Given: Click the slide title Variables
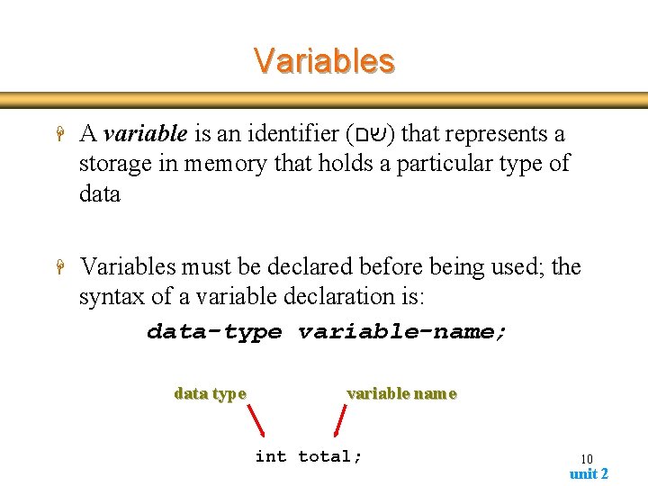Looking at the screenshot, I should (x=324, y=60).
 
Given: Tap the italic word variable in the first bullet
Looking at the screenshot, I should (x=145, y=134).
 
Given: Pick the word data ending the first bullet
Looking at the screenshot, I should (x=99, y=193).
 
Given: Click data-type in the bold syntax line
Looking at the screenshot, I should (x=214, y=331).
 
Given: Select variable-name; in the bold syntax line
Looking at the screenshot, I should (x=402, y=331).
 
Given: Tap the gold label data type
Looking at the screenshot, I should (x=210, y=393).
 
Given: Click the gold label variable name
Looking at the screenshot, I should (x=401, y=393).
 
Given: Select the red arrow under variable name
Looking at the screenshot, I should (x=340, y=420).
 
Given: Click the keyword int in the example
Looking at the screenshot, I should (x=271, y=456).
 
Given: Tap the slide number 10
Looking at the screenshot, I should (x=586, y=459).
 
